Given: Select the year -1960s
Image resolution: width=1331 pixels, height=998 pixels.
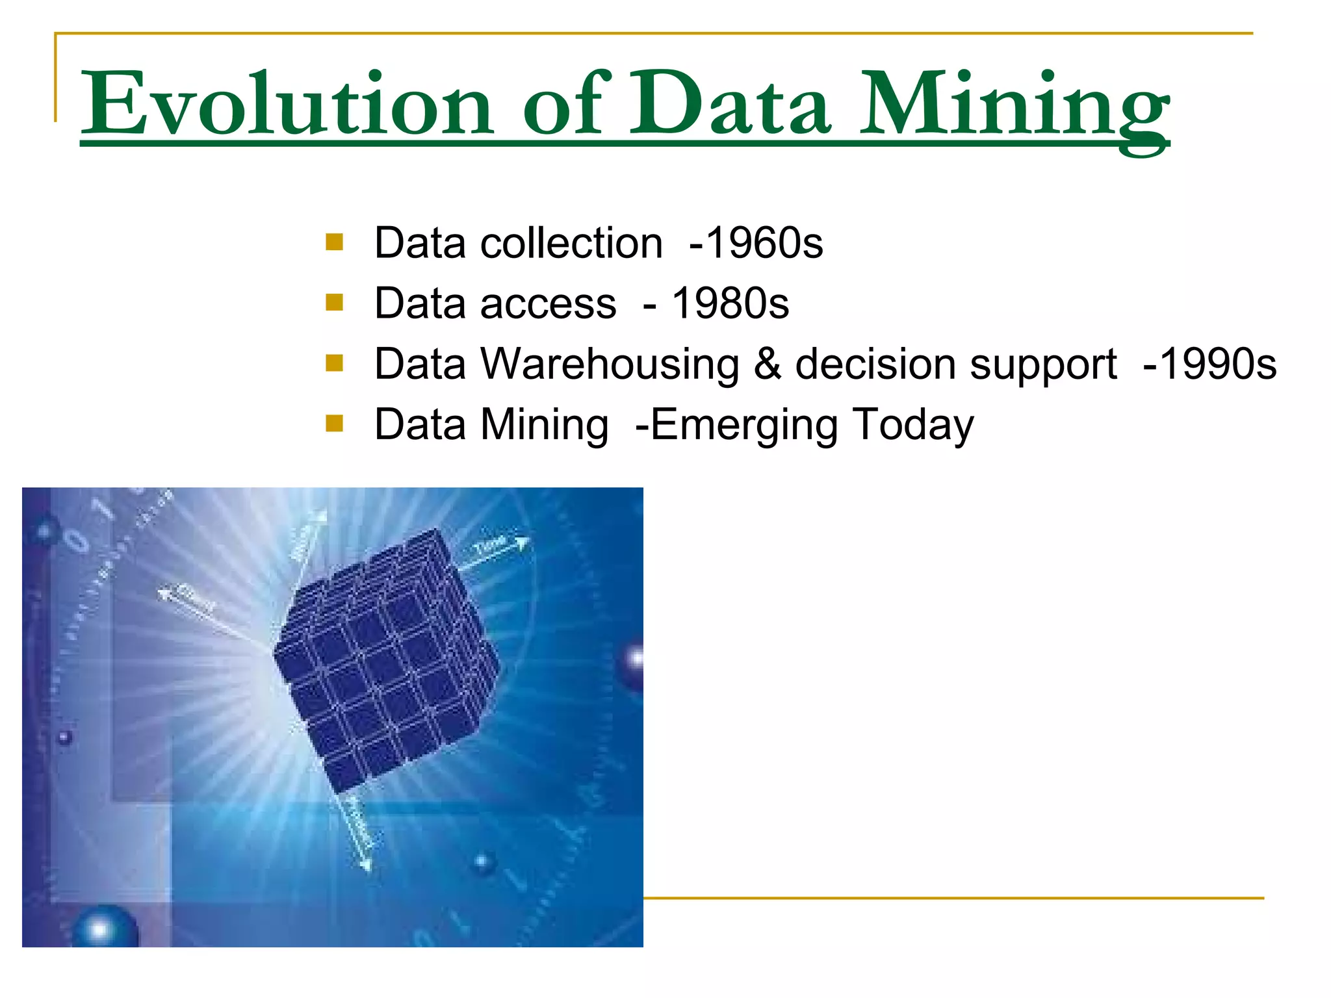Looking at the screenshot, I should click(x=756, y=244).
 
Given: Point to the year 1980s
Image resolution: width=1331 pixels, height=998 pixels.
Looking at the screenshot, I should click(x=730, y=303).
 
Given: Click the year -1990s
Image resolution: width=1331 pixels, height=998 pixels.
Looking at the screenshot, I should click(x=1209, y=364).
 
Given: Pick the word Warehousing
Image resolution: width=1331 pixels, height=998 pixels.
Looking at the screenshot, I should click(x=610, y=364).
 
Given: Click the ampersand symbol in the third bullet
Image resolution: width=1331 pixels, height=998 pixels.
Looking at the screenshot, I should click(x=767, y=364).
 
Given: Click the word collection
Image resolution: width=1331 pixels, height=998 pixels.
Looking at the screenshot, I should click(x=571, y=244).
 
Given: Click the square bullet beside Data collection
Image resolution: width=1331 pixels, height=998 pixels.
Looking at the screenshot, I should click(x=334, y=242).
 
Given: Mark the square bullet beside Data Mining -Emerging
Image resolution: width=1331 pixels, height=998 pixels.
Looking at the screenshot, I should click(x=334, y=424).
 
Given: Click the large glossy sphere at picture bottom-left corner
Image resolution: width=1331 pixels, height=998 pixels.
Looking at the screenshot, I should click(x=104, y=928).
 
